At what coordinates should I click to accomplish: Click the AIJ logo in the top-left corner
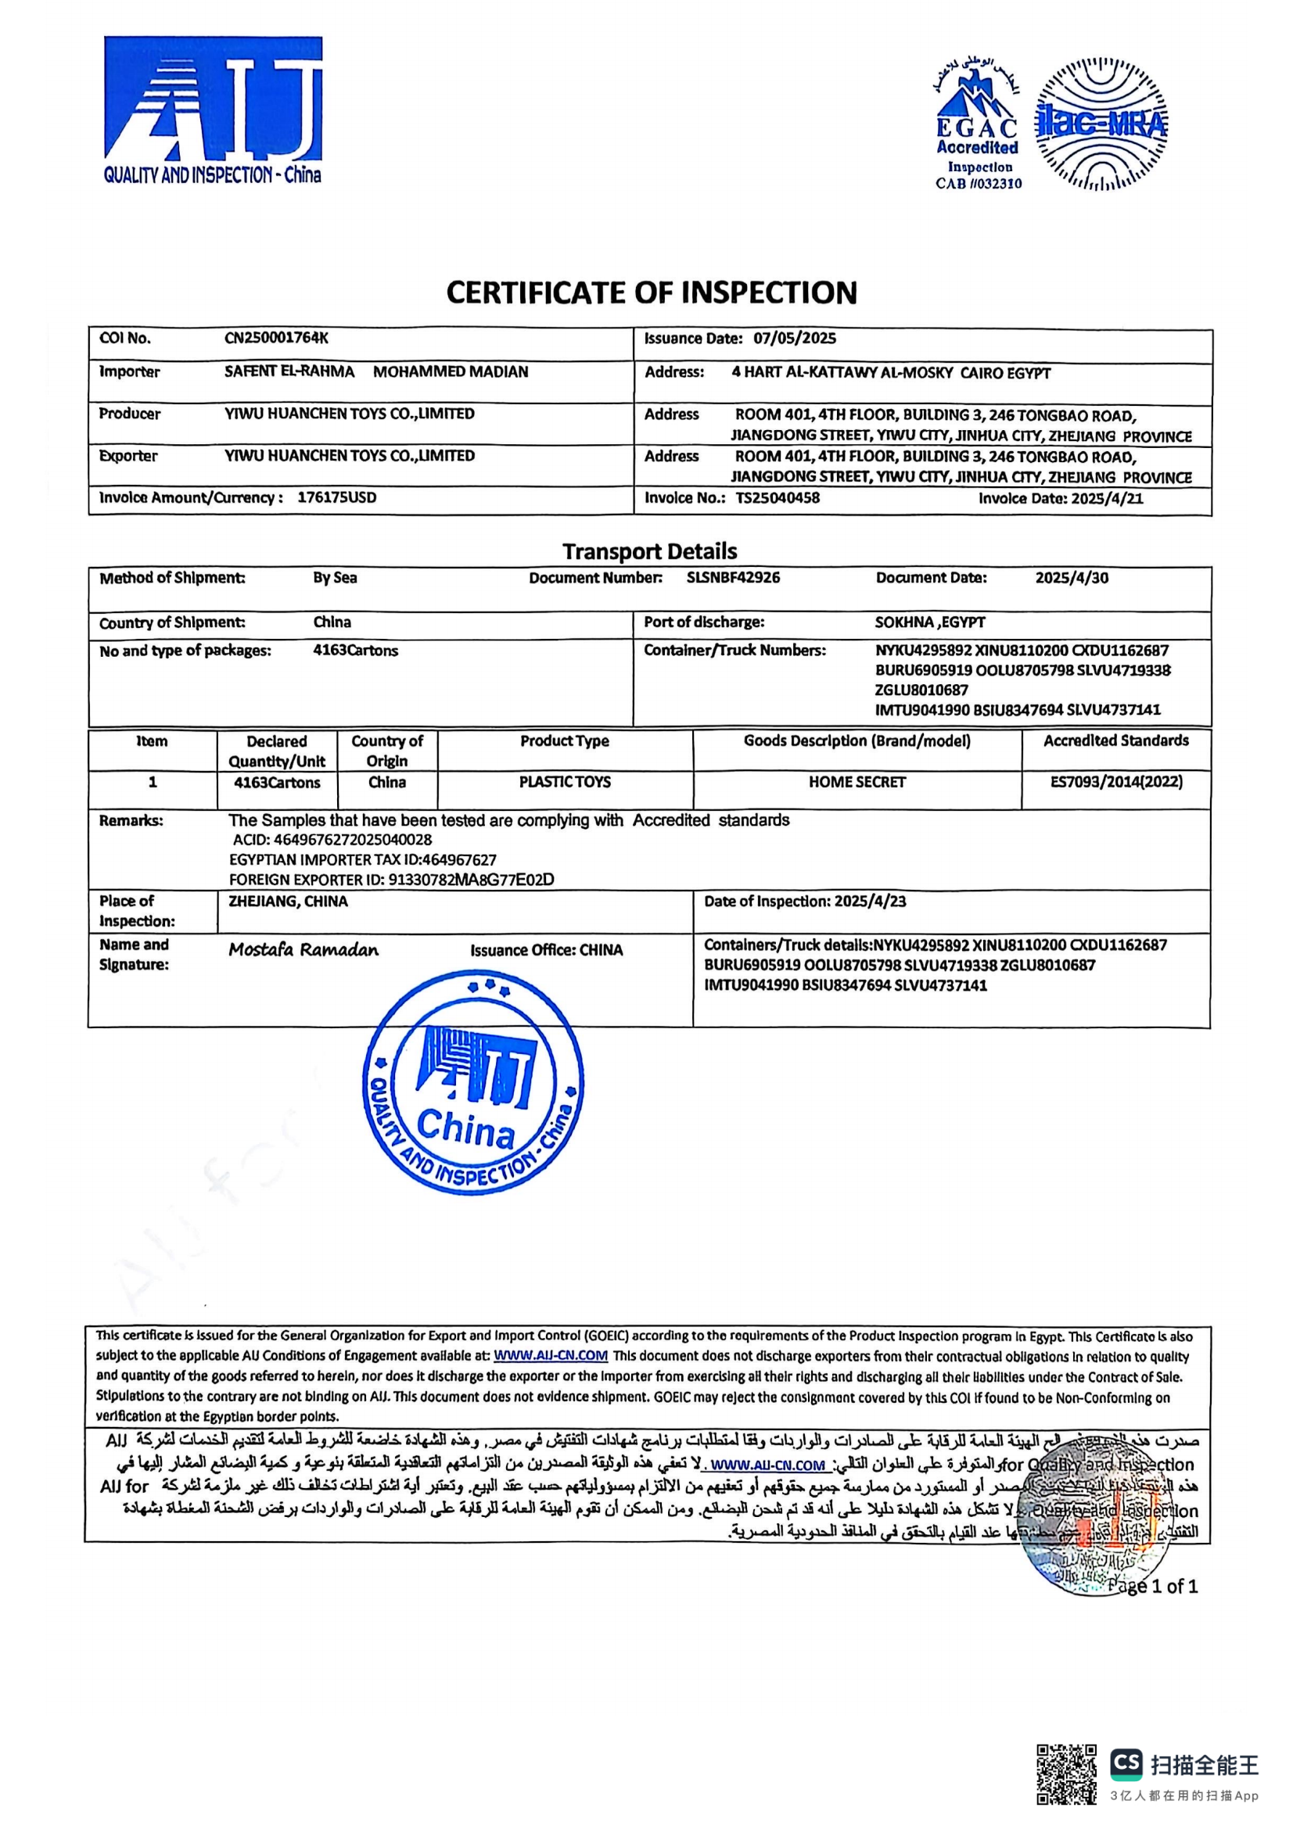pyautogui.click(x=213, y=110)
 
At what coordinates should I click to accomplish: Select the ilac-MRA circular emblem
pyautogui.click(x=1101, y=125)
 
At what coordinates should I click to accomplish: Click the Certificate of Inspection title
pyautogui.click(x=651, y=292)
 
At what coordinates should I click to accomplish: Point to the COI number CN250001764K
pyautogui.click(x=275, y=338)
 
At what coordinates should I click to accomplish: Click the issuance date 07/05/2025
pyautogui.click(x=794, y=338)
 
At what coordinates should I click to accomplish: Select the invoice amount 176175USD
pyautogui.click(x=336, y=498)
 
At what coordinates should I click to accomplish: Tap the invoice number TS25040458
pyautogui.click(x=777, y=498)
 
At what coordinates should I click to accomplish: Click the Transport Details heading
pyautogui.click(x=649, y=551)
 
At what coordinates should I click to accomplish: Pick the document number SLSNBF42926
pyautogui.click(x=733, y=578)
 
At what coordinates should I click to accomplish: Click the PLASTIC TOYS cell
pyautogui.click(x=565, y=782)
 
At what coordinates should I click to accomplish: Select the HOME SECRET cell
pyautogui.click(x=857, y=782)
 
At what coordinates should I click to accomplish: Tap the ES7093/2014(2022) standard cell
pyautogui.click(x=1116, y=782)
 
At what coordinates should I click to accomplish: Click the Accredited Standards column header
pyautogui.click(x=1116, y=741)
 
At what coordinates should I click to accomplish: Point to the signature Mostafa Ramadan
pyautogui.click(x=303, y=949)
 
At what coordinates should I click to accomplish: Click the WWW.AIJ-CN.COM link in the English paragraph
pyautogui.click(x=551, y=1355)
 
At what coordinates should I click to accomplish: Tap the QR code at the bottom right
pyautogui.click(x=1065, y=1774)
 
